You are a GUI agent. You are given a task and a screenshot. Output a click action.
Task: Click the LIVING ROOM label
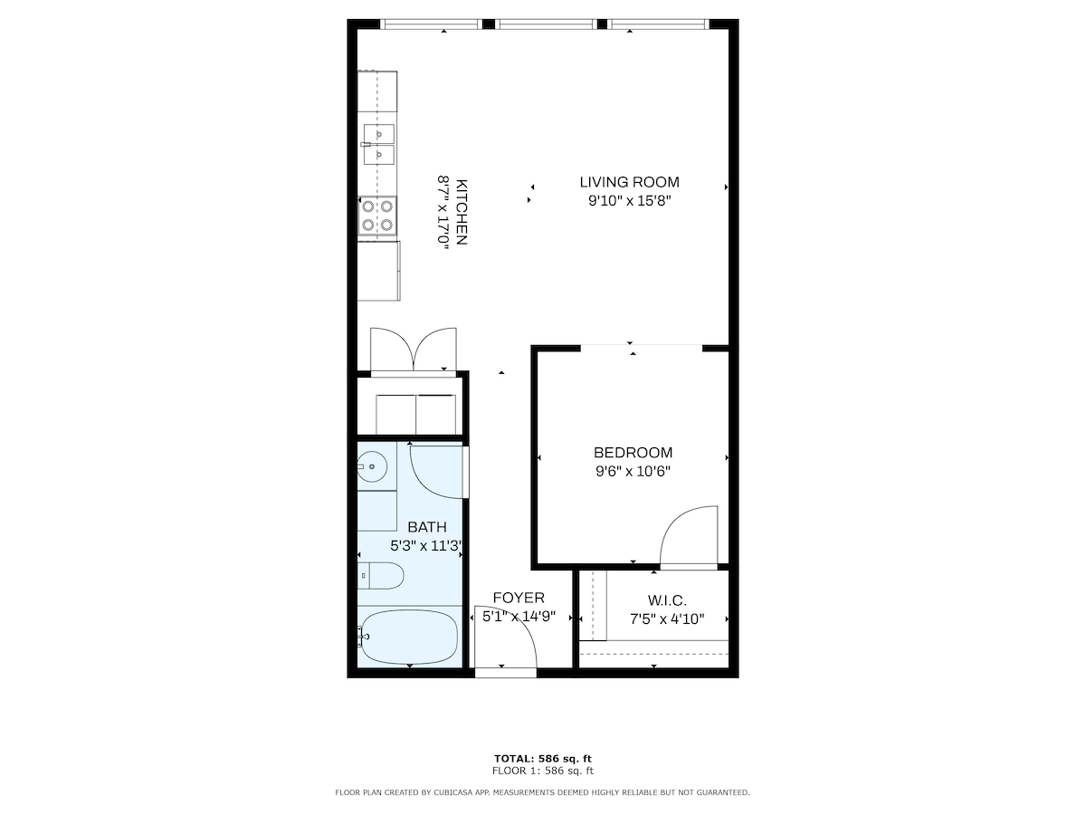click(629, 182)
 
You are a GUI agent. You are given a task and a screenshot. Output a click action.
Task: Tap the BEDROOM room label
click(633, 452)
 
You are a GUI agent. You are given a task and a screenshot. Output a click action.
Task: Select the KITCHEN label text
click(462, 212)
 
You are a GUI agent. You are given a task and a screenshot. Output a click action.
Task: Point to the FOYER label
click(519, 598)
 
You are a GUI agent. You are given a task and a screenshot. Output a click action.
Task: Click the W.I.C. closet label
click(667, 600)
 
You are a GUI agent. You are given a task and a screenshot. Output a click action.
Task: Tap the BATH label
click(427, 526)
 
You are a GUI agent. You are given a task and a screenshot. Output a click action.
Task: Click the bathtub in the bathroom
click(408, 637)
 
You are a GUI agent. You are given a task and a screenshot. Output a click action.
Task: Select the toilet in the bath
click(381, 576)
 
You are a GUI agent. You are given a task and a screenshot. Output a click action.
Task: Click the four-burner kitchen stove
click(377, 216)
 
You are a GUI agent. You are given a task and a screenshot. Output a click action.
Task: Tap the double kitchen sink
click(379, 145)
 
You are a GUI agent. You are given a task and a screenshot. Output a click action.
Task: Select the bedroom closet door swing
click(689, 535)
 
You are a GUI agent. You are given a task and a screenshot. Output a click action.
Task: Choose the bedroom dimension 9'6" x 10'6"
click(633, 471)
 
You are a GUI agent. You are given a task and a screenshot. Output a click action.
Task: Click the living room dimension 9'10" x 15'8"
click(629, 201)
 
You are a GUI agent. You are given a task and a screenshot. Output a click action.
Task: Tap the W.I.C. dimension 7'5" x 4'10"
click(667, 619)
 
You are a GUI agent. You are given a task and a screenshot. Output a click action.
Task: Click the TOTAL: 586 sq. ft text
click(543, 759)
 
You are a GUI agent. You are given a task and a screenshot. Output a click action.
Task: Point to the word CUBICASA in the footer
click(452, 792)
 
